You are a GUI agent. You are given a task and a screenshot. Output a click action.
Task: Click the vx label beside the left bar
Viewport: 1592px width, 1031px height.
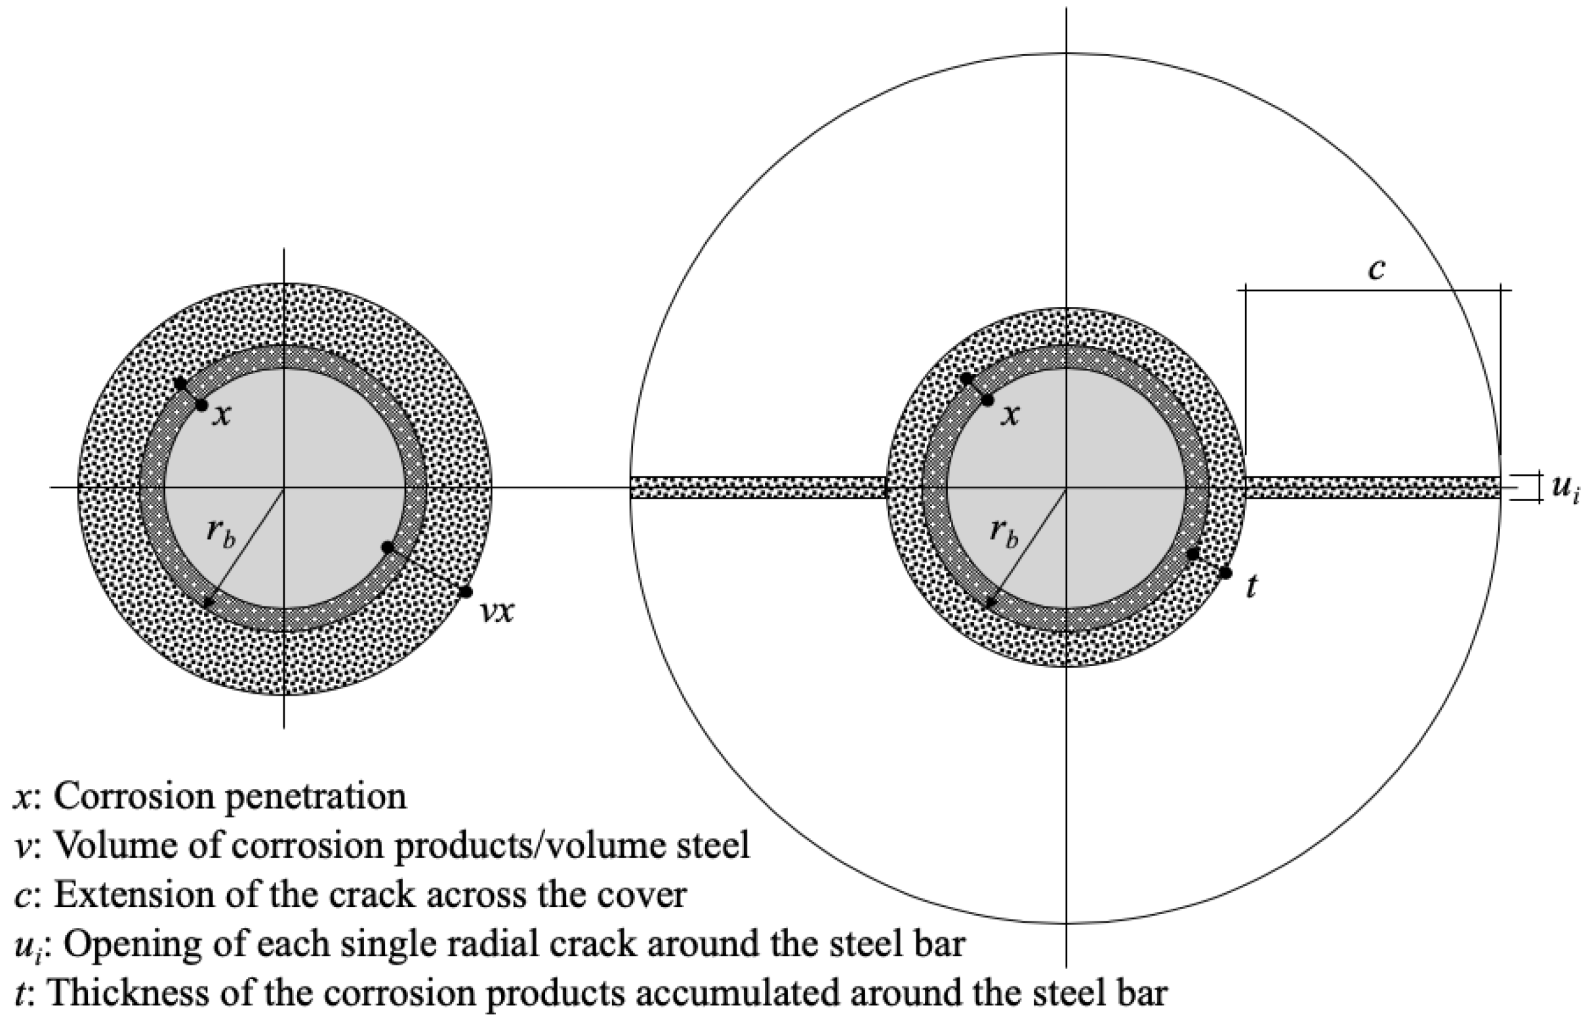[x=499, y=612]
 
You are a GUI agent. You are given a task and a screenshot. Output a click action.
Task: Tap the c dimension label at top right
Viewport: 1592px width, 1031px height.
[x=1377, y=269]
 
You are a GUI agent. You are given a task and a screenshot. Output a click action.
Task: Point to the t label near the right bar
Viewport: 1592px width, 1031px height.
[x=1252, y=587]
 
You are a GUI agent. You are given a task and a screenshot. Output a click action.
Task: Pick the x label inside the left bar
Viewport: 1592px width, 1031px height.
[x=222, y=416]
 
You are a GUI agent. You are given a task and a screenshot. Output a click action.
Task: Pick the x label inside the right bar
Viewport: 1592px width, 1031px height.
[x=1011, y=416]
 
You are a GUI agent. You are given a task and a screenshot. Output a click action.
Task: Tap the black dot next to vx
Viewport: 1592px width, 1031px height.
[x=466, y=592]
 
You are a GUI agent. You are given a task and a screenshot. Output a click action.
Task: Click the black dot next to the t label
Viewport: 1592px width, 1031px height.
[x=1225, y=574]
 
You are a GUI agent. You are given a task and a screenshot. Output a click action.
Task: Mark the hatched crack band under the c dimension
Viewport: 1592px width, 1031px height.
[x=1371, y=488]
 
